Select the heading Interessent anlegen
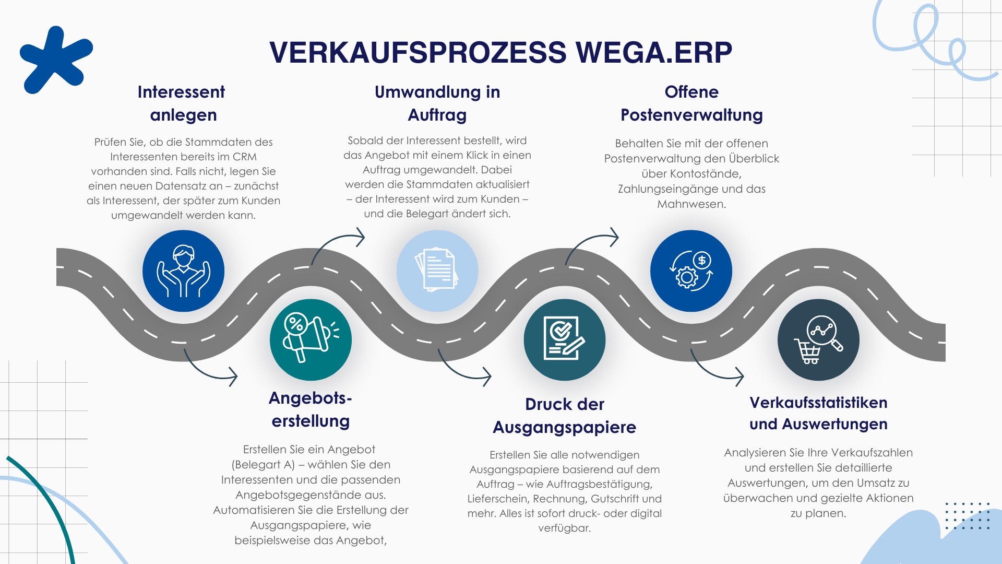tap(182, 103)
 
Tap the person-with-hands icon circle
tap(183, 271)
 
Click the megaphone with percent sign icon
tap(311, 339)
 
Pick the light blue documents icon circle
tap(437, 271)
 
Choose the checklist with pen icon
tap(565, 339)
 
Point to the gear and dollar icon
tap(691, 271)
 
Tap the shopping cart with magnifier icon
tap(818, 339)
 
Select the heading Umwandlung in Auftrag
tap(437, 103)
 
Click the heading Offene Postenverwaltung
tap(691, 103)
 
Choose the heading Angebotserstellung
tap(311, 409)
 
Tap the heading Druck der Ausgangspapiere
tap(565, 415)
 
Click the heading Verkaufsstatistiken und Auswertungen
tap(818, 413)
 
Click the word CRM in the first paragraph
tap(244, 157)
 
